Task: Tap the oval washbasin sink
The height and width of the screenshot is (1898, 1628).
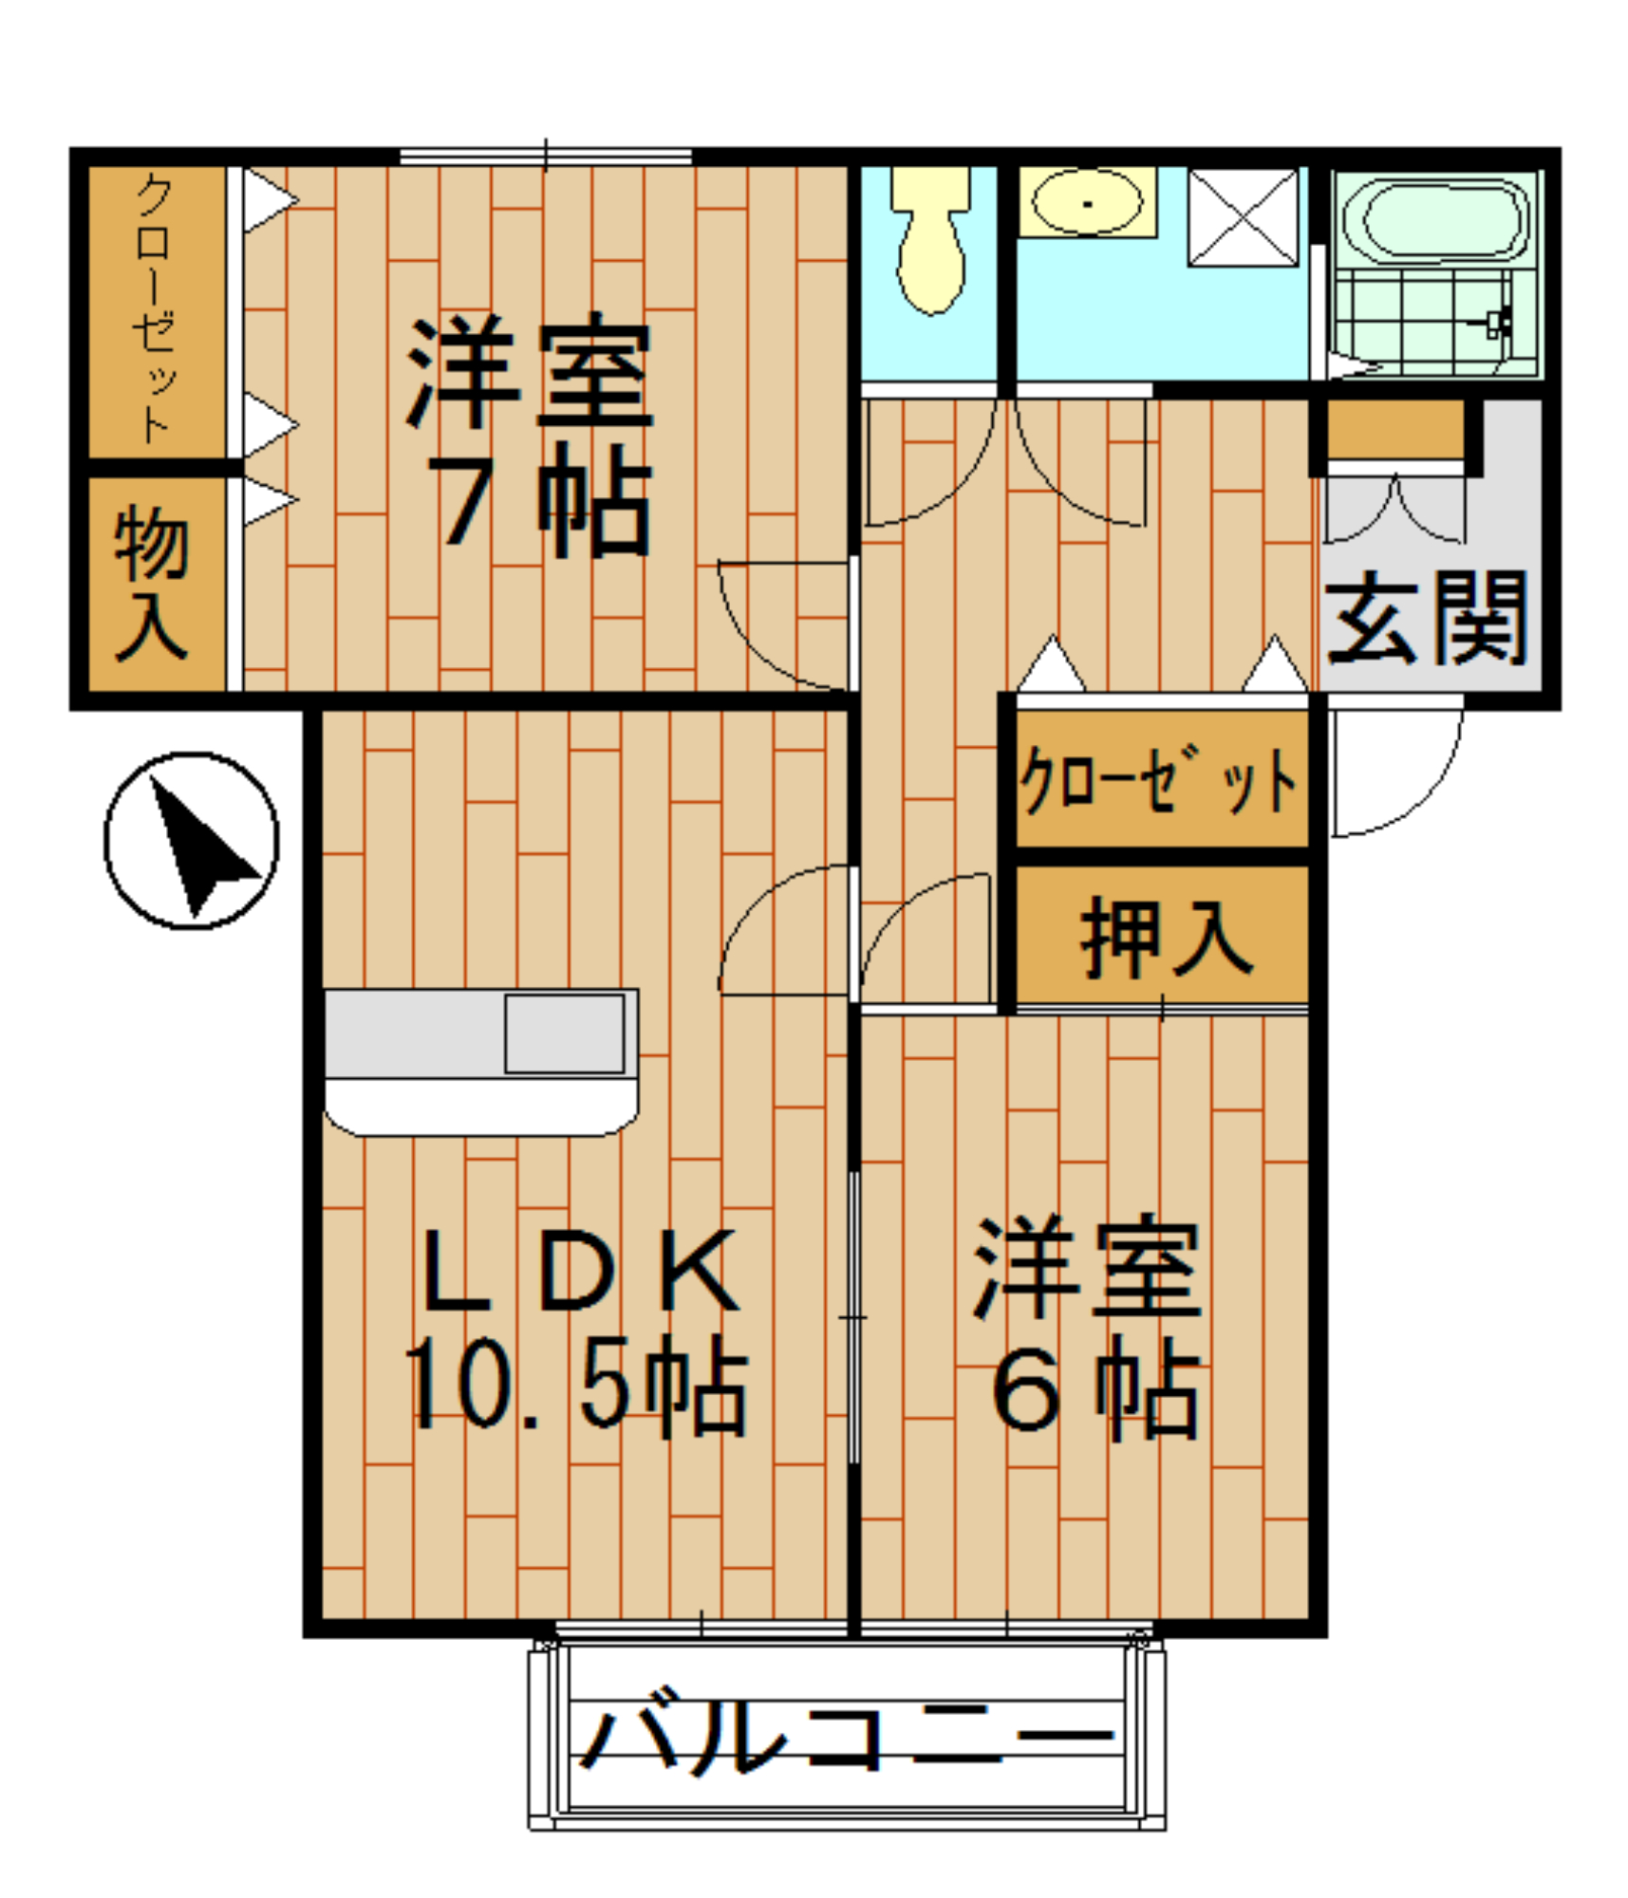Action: pyautogui.click(x=1087, y=202)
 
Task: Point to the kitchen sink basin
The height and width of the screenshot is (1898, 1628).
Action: pyautogui.click(x=564, y=1033)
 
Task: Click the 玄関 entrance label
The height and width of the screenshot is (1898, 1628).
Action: pyautogui.click(x=1426, y=618)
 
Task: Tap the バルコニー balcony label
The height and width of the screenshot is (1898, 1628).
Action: pyautogui.click(x=845, y=1736)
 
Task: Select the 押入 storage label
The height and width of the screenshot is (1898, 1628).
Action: pyautogui.click(x=1166, y=937)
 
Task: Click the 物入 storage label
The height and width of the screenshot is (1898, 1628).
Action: pyautogui.click(x=152, y=582)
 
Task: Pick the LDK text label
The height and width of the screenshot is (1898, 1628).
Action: pyautogui.click(x=580, y=1272)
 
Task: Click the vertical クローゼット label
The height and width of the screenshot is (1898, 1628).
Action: pyautogui.click(x=155, y=308)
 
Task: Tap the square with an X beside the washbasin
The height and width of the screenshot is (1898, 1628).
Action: pyautogui.click(x=1243, y=217)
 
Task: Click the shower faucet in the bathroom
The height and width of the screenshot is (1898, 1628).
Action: pyautogui.click(x=1498, y=323)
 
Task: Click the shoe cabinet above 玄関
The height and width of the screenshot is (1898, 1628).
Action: pyautogui.click(x=1394, y=429)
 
